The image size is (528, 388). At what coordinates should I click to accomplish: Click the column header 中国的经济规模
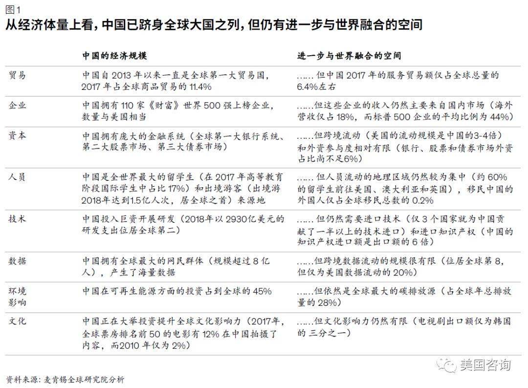(x=114, y=55)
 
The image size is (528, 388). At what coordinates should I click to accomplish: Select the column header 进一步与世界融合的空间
(x=349, y=55)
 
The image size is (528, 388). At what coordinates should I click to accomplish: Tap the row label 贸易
(x=17, y=76)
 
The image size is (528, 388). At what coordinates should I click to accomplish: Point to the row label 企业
(x=17, y=105)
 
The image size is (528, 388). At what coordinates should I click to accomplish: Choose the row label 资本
(x=17, y=136)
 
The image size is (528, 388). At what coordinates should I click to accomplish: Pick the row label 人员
(x=17, y=177)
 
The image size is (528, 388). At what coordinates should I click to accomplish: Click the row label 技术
(x=17, y=219)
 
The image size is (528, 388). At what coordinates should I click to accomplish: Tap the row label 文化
(x=17, y=321)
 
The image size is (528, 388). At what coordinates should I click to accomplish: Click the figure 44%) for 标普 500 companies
(x=502, y=117)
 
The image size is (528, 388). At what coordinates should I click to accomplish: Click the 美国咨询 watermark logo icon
(x=446, y=365)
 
